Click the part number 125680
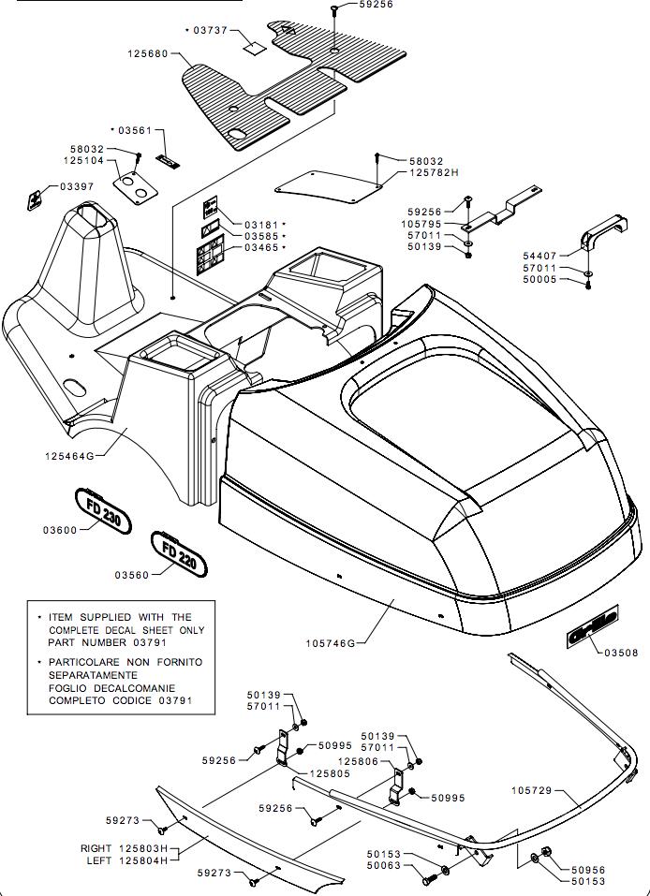pos(148,54)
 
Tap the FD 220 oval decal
pos(179,553)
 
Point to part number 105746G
pos(330,643)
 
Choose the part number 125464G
pos(68,455)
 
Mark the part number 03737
pos(210,30)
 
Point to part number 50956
pos(587,870)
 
